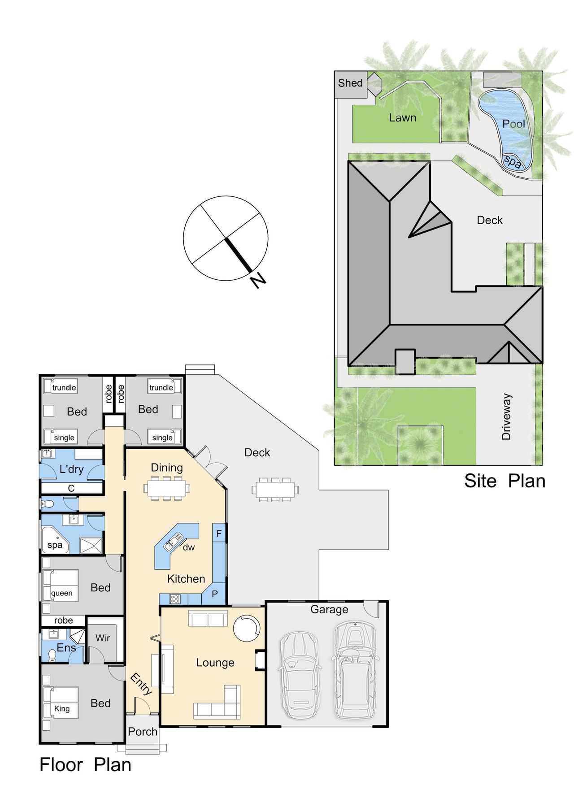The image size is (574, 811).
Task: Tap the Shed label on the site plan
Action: click(x=350, y=83)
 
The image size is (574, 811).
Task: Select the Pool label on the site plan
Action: click(x=513, y=124)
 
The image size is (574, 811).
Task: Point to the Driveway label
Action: click(x=506, y=417)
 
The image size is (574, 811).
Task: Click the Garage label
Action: click(x=329, y=610)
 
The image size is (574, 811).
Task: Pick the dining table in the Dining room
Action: click(x=167, y=488)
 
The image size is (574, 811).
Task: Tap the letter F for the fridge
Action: click(x=219, y=533)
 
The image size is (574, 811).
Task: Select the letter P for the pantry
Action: click(x=215, y=594)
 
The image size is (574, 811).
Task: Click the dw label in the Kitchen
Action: click(x=189, y=547)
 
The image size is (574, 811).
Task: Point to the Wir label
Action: click(x=103, y=638)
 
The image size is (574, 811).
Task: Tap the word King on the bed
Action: click(x=62, y=708)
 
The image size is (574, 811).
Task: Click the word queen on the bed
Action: click(x=61, y=593)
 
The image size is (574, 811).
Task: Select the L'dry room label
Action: click(x=72, y=469)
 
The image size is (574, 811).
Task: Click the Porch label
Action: click(x=143, y=732)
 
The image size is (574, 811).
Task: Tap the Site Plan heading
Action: click(x=505, y=481)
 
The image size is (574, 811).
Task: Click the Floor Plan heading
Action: click(x=86, y=765)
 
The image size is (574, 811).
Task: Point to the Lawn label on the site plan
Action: click(x=403, y=118)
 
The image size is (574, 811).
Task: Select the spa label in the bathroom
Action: click(x=55, y=545)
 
